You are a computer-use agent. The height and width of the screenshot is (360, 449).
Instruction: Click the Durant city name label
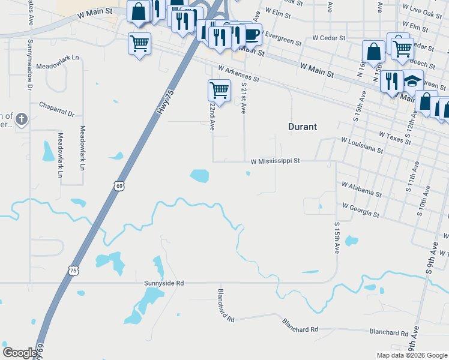click(x=303, y=127)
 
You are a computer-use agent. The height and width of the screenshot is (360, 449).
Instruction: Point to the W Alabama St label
click(x=361, y=190)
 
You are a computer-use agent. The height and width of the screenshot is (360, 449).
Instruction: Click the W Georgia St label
click(x=361, y=210)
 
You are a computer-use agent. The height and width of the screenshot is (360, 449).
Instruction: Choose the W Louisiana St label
click(x=362, y=145)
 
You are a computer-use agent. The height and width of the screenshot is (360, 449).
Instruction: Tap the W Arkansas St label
click(x=238, y=74)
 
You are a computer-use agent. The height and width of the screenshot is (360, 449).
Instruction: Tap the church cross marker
click(x=22, y=119)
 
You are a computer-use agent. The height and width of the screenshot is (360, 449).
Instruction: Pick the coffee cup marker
click(x=252, y=34)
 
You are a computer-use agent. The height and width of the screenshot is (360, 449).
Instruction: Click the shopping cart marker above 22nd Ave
click(x=219, y=90)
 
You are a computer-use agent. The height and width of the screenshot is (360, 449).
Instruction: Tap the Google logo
click(x=20, y=353)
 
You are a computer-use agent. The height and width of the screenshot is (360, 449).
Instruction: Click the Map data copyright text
click(x=411, y=355)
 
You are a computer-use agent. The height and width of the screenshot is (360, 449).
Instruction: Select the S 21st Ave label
click(x=244, y=97)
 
